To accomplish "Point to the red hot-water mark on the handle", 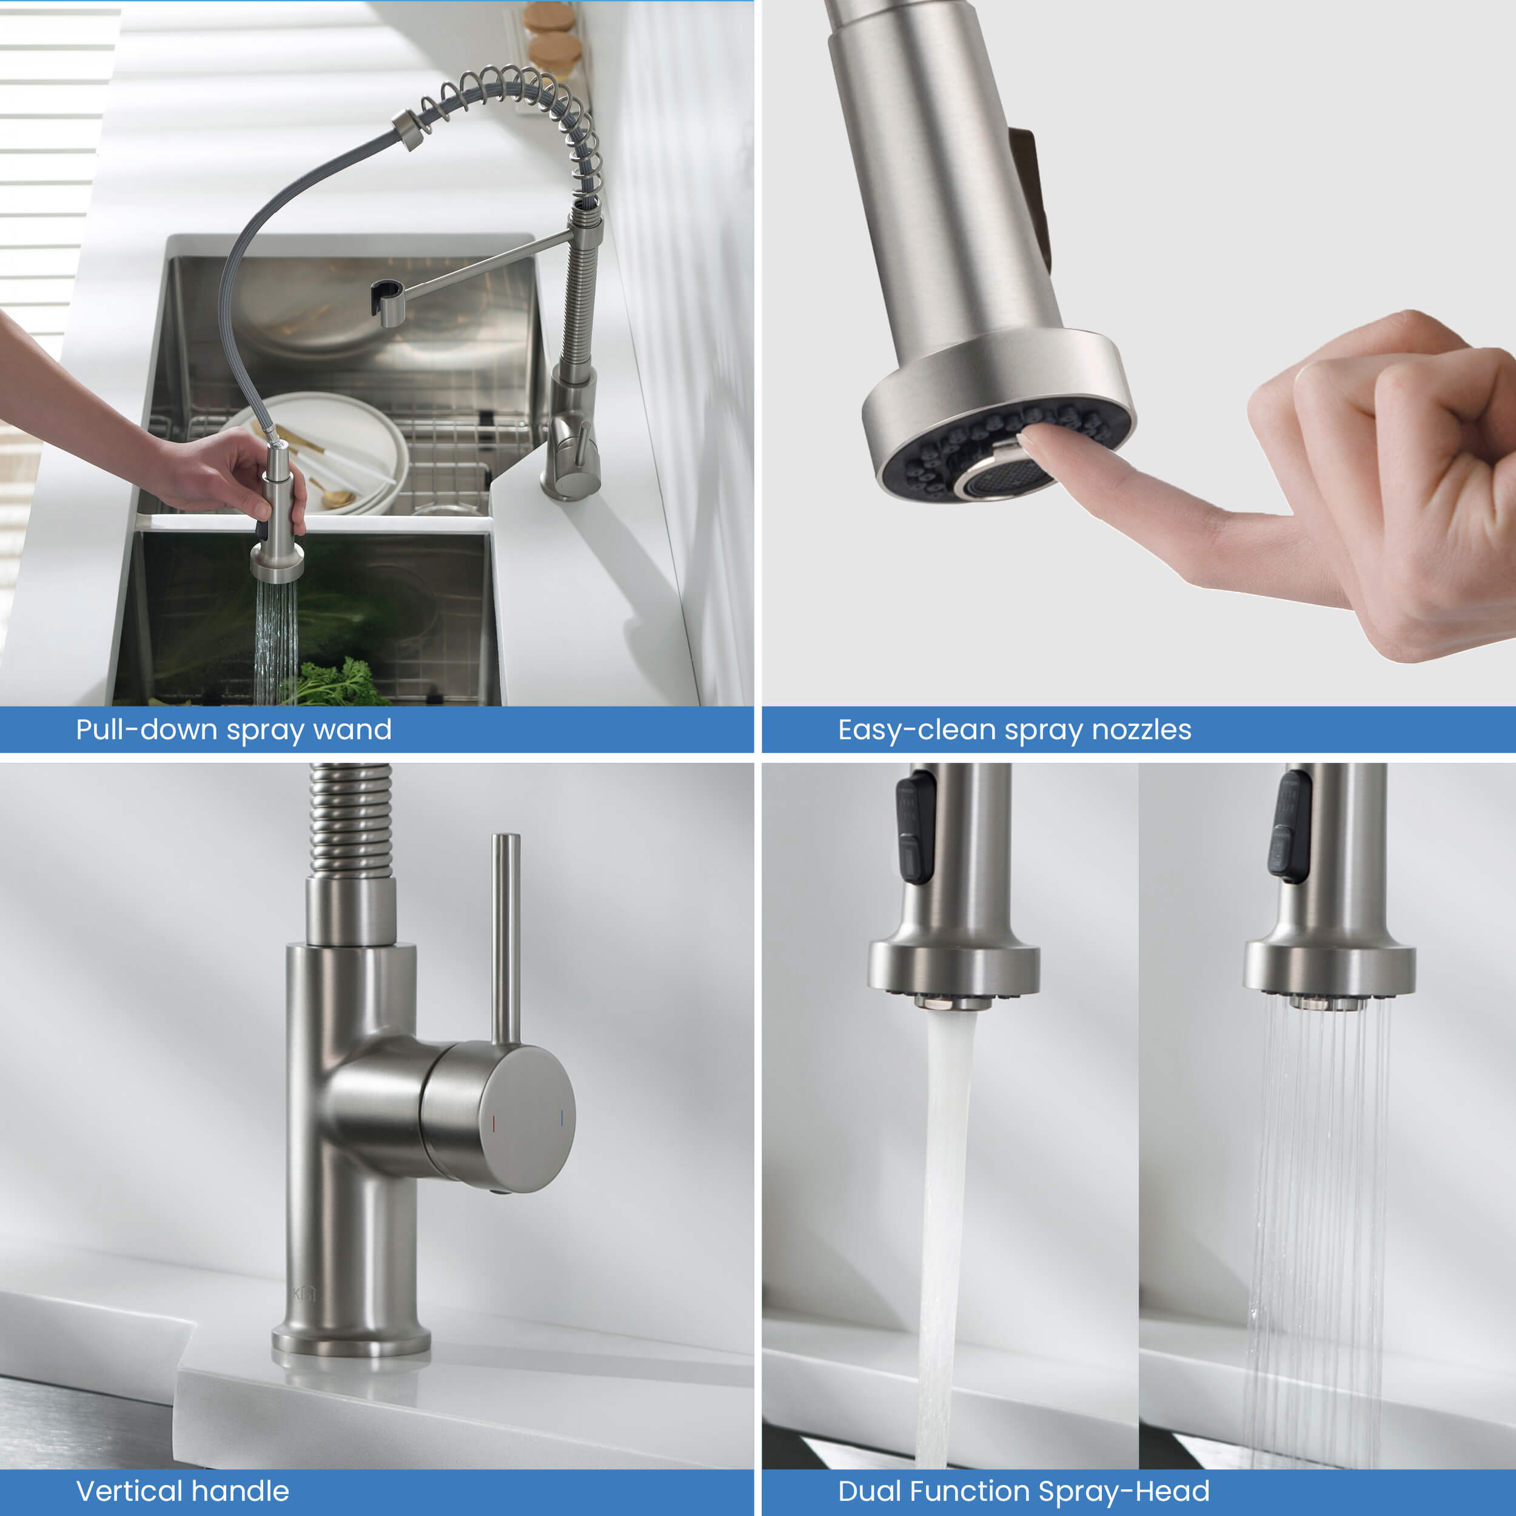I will click(x=494, y=1124).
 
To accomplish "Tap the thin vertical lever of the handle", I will click(x=505, y=937).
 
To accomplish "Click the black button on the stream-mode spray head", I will click(x=915, y=828).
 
